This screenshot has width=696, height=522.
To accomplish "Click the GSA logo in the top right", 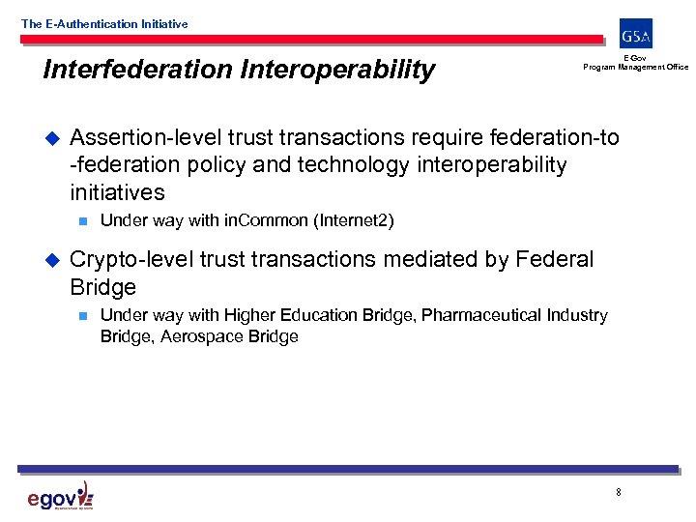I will click(636, 35).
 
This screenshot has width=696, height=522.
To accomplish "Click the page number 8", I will click(618, 493).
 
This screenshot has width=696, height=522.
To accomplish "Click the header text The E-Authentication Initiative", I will click(104, 24).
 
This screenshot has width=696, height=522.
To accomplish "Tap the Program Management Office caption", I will click(635, 67).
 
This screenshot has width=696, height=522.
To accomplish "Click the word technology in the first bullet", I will click(354, 165).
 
